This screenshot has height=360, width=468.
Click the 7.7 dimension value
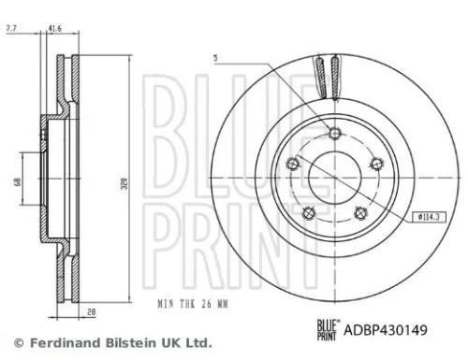11,30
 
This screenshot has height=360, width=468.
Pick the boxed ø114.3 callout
428,216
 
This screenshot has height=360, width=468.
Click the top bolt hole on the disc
334,132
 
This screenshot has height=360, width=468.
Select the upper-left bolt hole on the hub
293,163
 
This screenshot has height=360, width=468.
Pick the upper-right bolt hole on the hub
376,165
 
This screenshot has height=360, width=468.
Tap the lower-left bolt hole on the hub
309,210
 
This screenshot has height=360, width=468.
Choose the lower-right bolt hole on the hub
359,211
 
